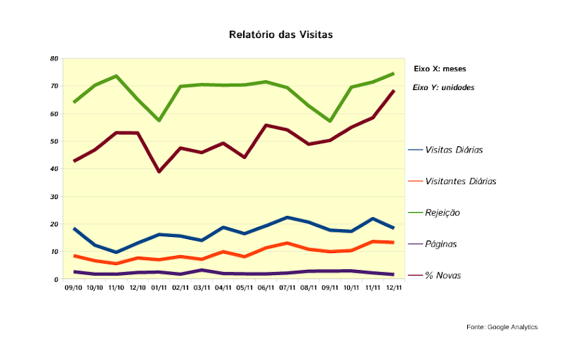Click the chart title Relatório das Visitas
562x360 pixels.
pos(280,34)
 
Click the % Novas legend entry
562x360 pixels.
pos(443,276)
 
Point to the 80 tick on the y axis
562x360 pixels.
pos(54,58)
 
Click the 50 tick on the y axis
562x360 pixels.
pos(54,141)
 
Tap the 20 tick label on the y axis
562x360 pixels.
pos(54,224)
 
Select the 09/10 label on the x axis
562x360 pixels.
pos(73,288)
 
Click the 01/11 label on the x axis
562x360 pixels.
pos(159,288)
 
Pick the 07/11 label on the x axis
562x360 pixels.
pos(287,288)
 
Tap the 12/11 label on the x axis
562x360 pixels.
pos(393,288)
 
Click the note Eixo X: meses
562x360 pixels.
pos(440,69)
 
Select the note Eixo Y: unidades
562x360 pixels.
pos(443,89)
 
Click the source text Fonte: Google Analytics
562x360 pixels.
pos(502,327)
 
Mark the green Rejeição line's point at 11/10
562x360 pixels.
pos(116,76)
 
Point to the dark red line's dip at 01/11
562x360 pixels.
pos(159,172)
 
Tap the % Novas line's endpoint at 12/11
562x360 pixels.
pos(393,91)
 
